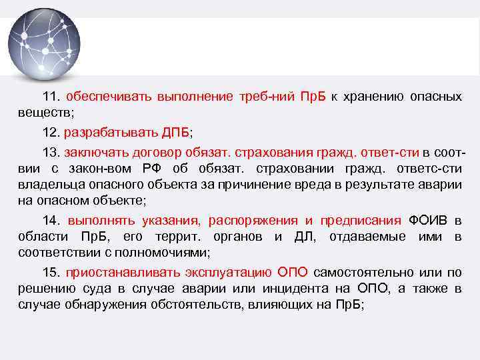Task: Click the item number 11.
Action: pos(51,96)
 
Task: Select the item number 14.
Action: pos(51,221)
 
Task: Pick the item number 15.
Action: pos(51,273)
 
